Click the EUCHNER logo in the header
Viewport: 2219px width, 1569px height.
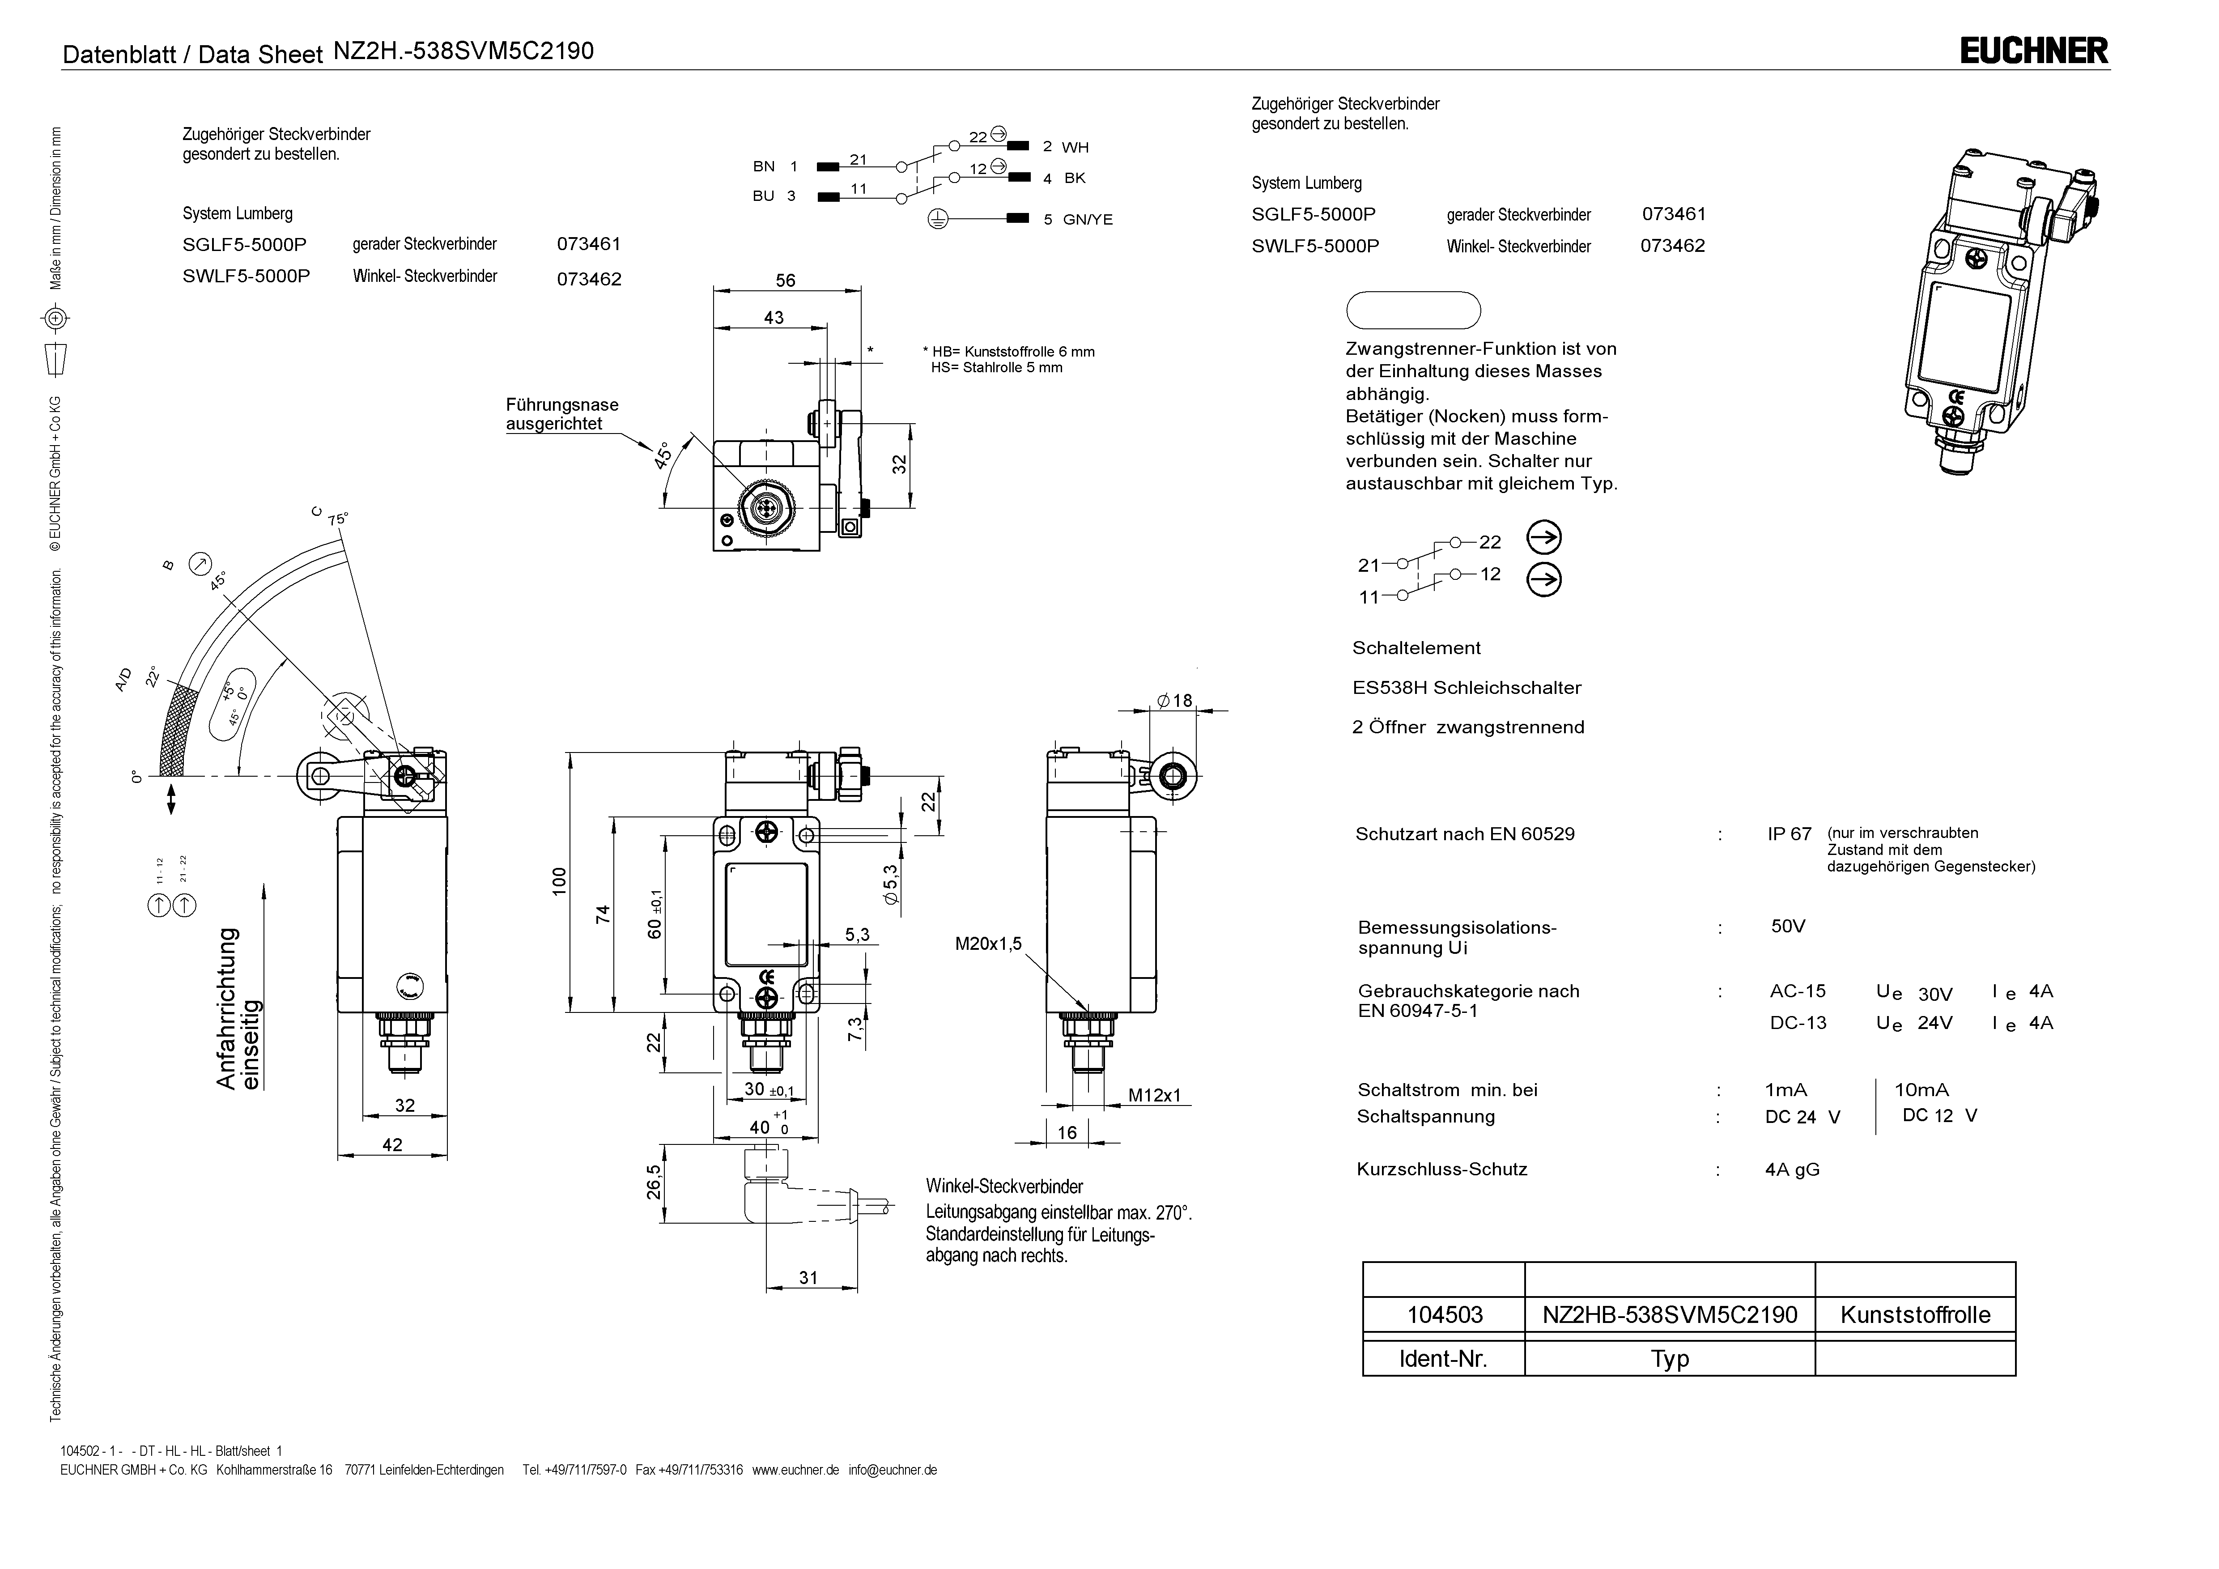[2033, 51]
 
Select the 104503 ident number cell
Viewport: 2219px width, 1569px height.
[1444, 1315]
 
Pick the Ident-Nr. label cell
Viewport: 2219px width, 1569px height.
[1444, 1359]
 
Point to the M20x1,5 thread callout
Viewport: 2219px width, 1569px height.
[988, 944]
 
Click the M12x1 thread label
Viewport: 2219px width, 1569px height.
[1155, 1095]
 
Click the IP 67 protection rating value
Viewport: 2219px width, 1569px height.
[1789, 834]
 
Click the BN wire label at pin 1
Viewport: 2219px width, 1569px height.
[764, 166]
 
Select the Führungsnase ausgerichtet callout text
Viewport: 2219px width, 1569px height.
[561, 414]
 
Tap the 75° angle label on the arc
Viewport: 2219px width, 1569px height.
[337, 519]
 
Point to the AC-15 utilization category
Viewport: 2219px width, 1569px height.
[1798, 991]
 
